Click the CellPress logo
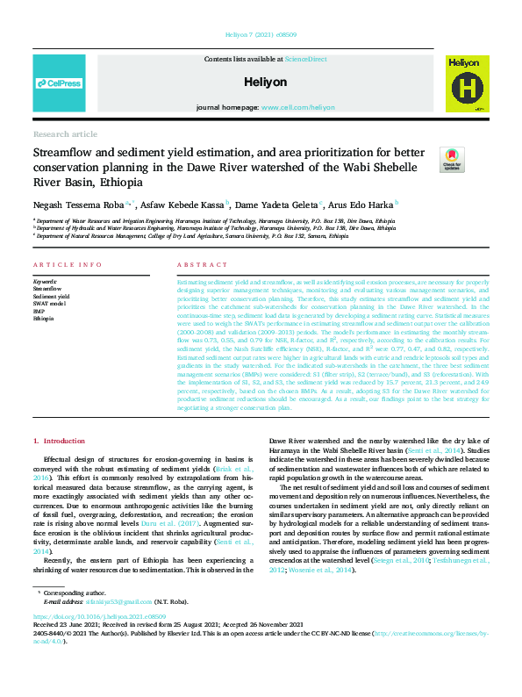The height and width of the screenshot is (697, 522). pyautogui.click(x=59, y=83)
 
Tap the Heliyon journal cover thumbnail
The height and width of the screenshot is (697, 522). pyautogui.click(x=465, y=83)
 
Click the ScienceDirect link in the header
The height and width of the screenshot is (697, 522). pyautogui.click(x=306, y=58)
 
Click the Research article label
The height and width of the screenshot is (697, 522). pyautogui.click(x=65, y=133)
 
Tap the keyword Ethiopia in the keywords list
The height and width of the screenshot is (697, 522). pyautogui.click(x=45, y=317)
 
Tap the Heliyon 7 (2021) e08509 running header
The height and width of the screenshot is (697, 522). pyautogui.click(x=261, y=35)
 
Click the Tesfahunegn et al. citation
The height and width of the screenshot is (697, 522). pyautogui.click(x=455, y=559)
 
